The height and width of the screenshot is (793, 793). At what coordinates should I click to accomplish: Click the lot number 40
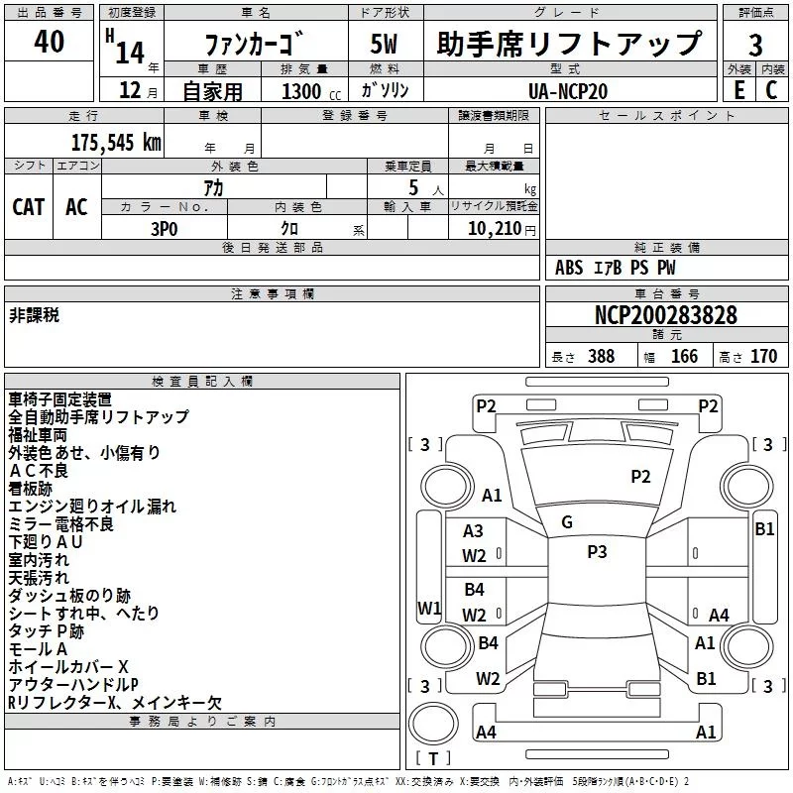tap(49, 42)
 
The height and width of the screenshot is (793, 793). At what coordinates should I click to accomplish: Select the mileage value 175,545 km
tap(116, 142)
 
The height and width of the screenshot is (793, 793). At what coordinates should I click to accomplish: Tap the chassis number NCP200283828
tap(665, 315)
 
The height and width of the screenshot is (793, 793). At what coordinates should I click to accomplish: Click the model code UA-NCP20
tap(568, 91)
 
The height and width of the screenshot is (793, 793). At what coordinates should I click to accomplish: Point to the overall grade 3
tap(755, 45)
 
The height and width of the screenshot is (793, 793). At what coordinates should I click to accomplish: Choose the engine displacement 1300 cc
tap(308, 92)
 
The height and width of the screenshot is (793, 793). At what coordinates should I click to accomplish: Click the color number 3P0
tap(165, 227)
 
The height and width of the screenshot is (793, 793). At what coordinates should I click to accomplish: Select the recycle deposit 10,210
tap(493, 228)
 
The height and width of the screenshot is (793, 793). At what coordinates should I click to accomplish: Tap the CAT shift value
tap(29, 206)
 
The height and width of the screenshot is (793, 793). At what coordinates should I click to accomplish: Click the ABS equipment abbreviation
tap(569, 268)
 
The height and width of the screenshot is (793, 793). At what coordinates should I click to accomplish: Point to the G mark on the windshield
tap(567, 522)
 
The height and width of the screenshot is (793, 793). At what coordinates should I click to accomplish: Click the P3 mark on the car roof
tap(597, 552)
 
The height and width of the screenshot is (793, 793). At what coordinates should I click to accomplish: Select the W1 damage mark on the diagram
tap(429, 608)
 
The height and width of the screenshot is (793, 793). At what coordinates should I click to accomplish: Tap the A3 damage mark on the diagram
tap(474, 532)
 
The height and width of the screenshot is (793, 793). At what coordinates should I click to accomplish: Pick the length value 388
tap(601, 357)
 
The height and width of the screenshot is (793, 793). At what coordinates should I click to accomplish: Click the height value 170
tap(763, 357)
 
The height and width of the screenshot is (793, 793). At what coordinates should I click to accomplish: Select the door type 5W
tap(385, 45)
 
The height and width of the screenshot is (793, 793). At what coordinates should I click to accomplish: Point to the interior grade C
tap(771, 91)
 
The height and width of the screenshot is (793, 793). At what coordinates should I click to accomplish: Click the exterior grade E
tap(738, 91)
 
